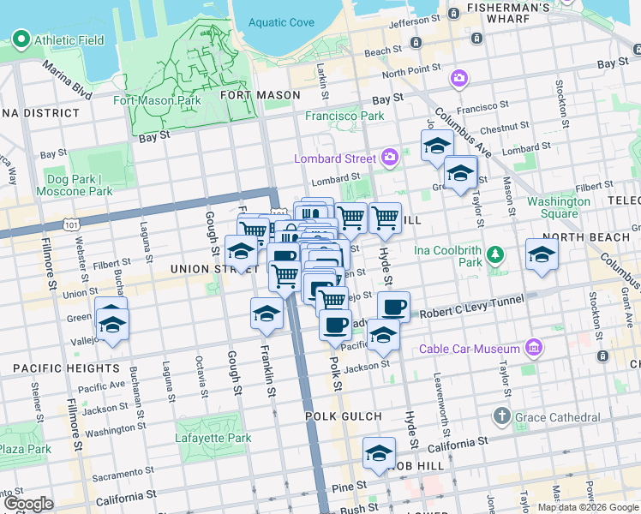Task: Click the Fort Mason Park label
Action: coord(157,100)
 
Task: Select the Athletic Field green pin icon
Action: coord(20,39)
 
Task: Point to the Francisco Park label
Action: coord(345,116)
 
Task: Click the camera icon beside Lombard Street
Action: coord(390,157)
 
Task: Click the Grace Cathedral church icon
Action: coord(502,417)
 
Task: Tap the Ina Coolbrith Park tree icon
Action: coord(494,254)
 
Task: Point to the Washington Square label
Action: coord(559,207)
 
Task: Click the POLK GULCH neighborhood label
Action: coord(343,416)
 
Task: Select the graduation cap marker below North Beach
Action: coord(542,254)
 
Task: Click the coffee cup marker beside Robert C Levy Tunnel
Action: coord(393,306)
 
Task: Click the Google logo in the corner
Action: coord(28,504)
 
